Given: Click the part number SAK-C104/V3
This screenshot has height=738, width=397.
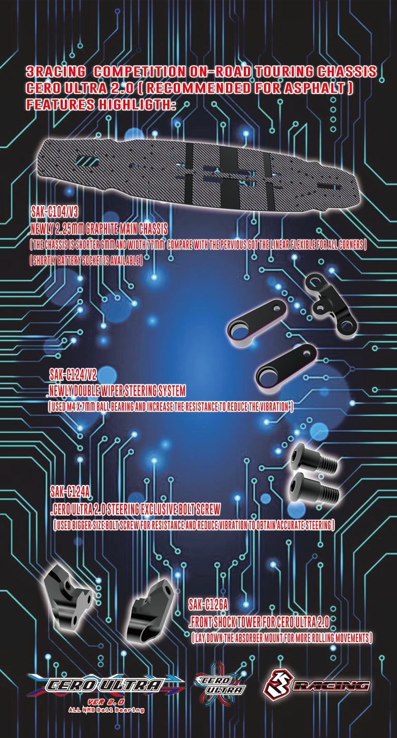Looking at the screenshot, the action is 55,212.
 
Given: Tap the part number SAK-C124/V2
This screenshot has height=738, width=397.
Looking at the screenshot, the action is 73,374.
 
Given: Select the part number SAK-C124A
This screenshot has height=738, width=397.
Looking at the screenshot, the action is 70,492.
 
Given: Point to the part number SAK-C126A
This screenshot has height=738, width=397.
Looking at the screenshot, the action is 208,604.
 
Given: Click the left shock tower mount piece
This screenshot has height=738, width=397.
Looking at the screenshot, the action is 68,594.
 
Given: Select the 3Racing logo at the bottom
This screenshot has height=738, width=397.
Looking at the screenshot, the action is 316,685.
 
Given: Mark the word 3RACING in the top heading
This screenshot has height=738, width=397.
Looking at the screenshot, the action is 55,72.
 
